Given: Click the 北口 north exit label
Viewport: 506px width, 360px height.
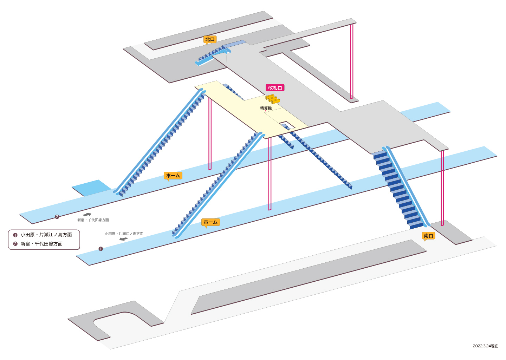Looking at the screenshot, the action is [x=210, y=40].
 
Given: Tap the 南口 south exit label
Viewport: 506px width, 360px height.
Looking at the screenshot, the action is [x=429, y=236].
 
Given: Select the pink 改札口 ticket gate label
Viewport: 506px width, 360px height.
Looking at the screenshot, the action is [x=275, y=87].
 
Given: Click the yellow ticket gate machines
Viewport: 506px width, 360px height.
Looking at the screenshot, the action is [x=273, y=99].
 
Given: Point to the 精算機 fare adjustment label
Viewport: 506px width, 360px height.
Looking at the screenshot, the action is [x=266, y=108].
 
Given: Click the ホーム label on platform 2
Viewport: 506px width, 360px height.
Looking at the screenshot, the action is [x=173, y=176].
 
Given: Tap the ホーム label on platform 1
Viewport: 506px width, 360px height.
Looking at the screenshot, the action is [x=210, y=222].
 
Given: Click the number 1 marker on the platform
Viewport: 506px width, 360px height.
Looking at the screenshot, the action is [x=101, y=249].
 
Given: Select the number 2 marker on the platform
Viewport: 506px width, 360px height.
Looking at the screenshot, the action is [x=57, y=217].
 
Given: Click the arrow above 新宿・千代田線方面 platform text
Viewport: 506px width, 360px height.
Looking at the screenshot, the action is [x=87, y=214].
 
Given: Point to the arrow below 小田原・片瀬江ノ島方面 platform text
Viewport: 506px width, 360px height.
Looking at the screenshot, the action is [x=123, y=239].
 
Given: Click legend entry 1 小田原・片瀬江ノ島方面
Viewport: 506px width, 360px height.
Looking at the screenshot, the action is [x=43, y=235].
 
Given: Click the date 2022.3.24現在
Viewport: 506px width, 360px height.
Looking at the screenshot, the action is [x=486, y=346].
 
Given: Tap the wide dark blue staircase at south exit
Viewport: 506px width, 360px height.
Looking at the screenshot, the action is [x=397, y=190].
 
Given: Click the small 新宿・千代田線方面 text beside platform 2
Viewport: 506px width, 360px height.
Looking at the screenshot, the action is [x=93, y=220].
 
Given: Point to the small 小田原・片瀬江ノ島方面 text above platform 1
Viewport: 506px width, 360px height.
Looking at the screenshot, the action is [x=124, y=234].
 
